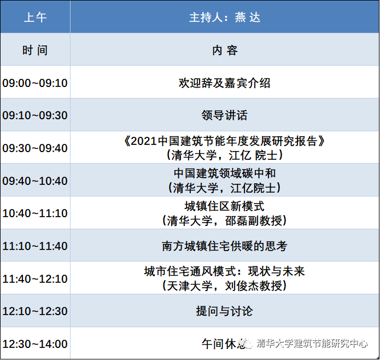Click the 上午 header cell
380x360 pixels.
(35, 18)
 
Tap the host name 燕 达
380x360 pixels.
(248, 18)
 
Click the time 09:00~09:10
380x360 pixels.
(35, 83)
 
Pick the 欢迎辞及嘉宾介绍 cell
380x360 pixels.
(224, 83)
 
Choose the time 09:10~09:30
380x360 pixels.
(35, 115)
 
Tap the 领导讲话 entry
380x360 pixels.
(224, 115)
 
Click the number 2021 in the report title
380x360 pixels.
(143, 141)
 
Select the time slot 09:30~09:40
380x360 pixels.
(35, 148)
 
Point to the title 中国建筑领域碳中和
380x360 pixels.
(225, 173)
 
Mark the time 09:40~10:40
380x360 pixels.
(35, 181)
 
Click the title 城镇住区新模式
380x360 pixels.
(224, 206)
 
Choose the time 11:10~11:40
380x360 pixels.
(35, 246)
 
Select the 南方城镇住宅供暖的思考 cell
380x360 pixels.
(225, 246)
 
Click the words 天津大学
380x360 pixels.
(190, 286)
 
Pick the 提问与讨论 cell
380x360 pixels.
(224, 311)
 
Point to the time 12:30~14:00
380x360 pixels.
(35, 344)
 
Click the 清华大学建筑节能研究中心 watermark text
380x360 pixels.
(312, 344)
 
